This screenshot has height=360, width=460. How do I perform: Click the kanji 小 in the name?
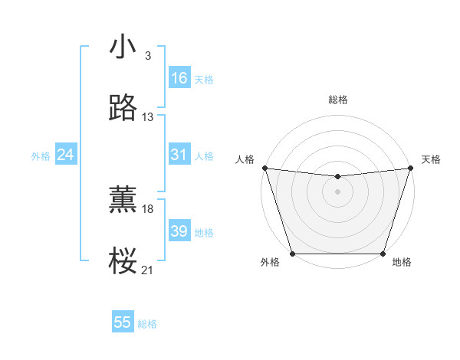pyautogui.click(x=123, y=47)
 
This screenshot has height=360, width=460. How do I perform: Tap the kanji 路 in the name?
pyautogui.click(x=123, y=108)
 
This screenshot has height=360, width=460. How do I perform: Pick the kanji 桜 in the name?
pyautogui.click(x=123, y=261)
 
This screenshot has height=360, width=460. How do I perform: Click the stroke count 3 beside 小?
pyautogui.click(x=147, y=56)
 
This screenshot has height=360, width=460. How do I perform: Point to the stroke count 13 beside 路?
pyautogui.click(x=148, y=117)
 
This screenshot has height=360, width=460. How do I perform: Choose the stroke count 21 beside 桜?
pyautogui.click(x=148, y=270)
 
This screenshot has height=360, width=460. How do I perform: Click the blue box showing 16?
pyautogui.click(x=179, y=78)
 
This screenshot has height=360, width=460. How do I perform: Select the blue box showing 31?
pyautogui.click(x=179, y=155)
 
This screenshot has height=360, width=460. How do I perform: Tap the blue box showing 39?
pyautogui.click(x=179, y=231)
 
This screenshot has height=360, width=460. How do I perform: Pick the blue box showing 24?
pyautogui.click(x=66, y=155)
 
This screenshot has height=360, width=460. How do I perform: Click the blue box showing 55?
pyautogui.click(x=123, y=322)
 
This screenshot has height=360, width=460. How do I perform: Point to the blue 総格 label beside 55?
pyautogui.click(x=147, y=324)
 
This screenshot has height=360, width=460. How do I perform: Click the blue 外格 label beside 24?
pyautogui.click(x=41, y=156)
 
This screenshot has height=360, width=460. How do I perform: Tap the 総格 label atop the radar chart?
pyautogui.click(x=337, y=100)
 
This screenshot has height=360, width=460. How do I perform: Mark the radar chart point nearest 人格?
pyautogui.click(x=264, y=168)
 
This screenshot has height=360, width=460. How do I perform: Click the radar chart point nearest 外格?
pyautogui.click(x=292, y=254)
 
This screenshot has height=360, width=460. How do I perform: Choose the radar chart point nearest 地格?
pyautogui.click(x=383, y=254)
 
